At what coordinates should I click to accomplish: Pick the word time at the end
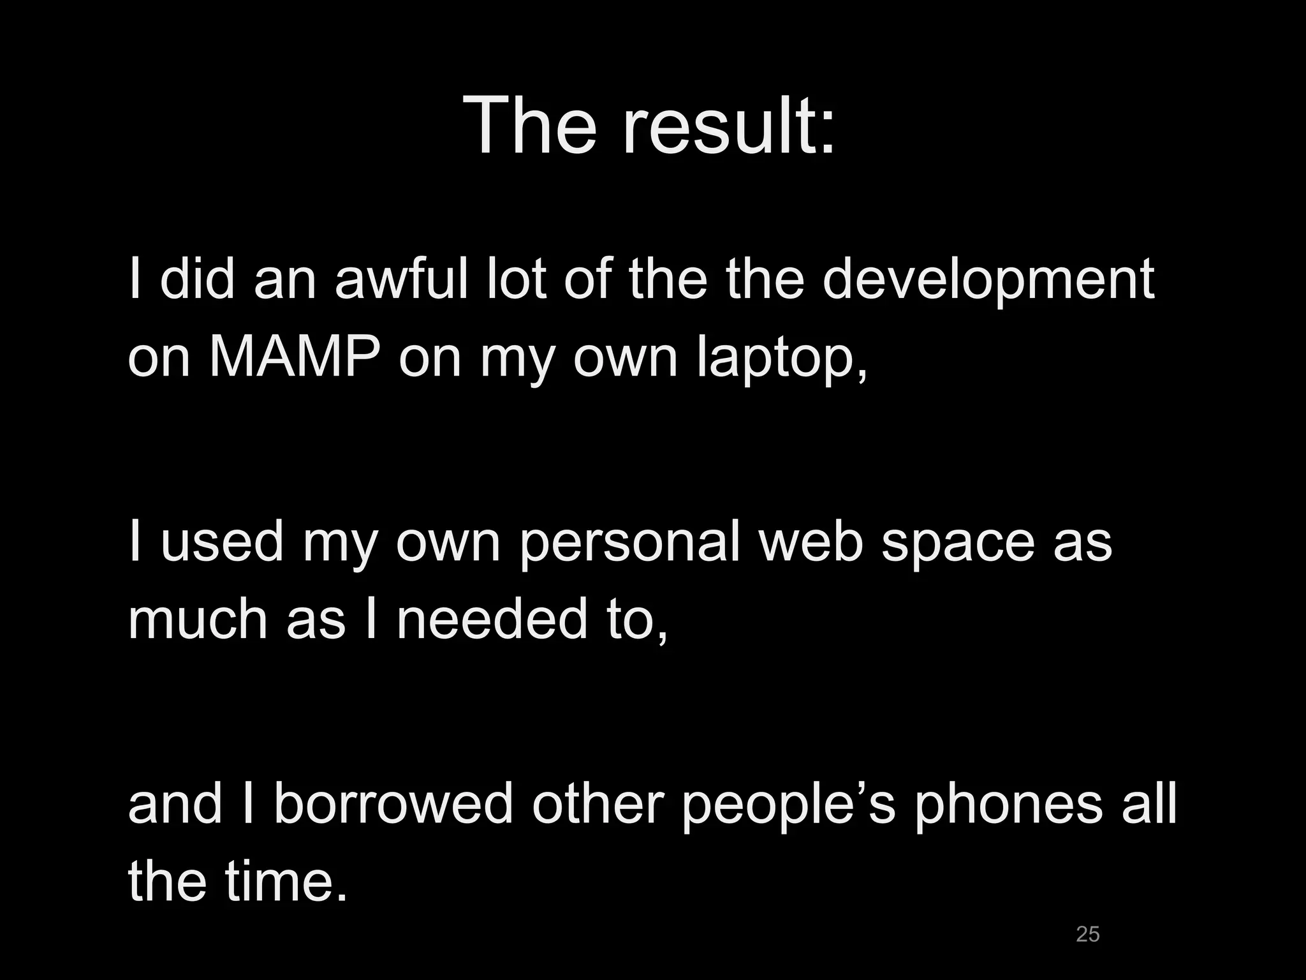[x=280, y=882]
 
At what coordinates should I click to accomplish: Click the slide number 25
[x=1087, y=934]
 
